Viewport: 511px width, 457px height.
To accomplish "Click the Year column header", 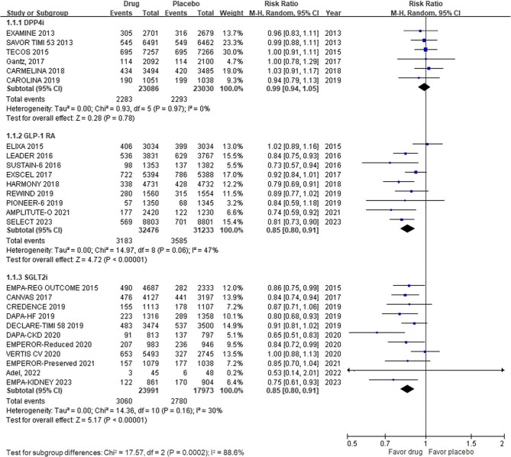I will [x=315, y=13].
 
